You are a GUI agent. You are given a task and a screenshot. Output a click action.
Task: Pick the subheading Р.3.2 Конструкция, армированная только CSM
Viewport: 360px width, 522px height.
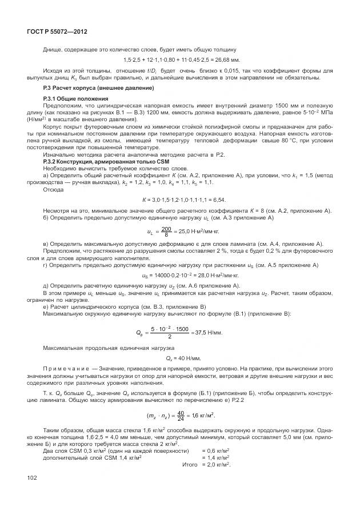pyautogui.click(x=102, y=162)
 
